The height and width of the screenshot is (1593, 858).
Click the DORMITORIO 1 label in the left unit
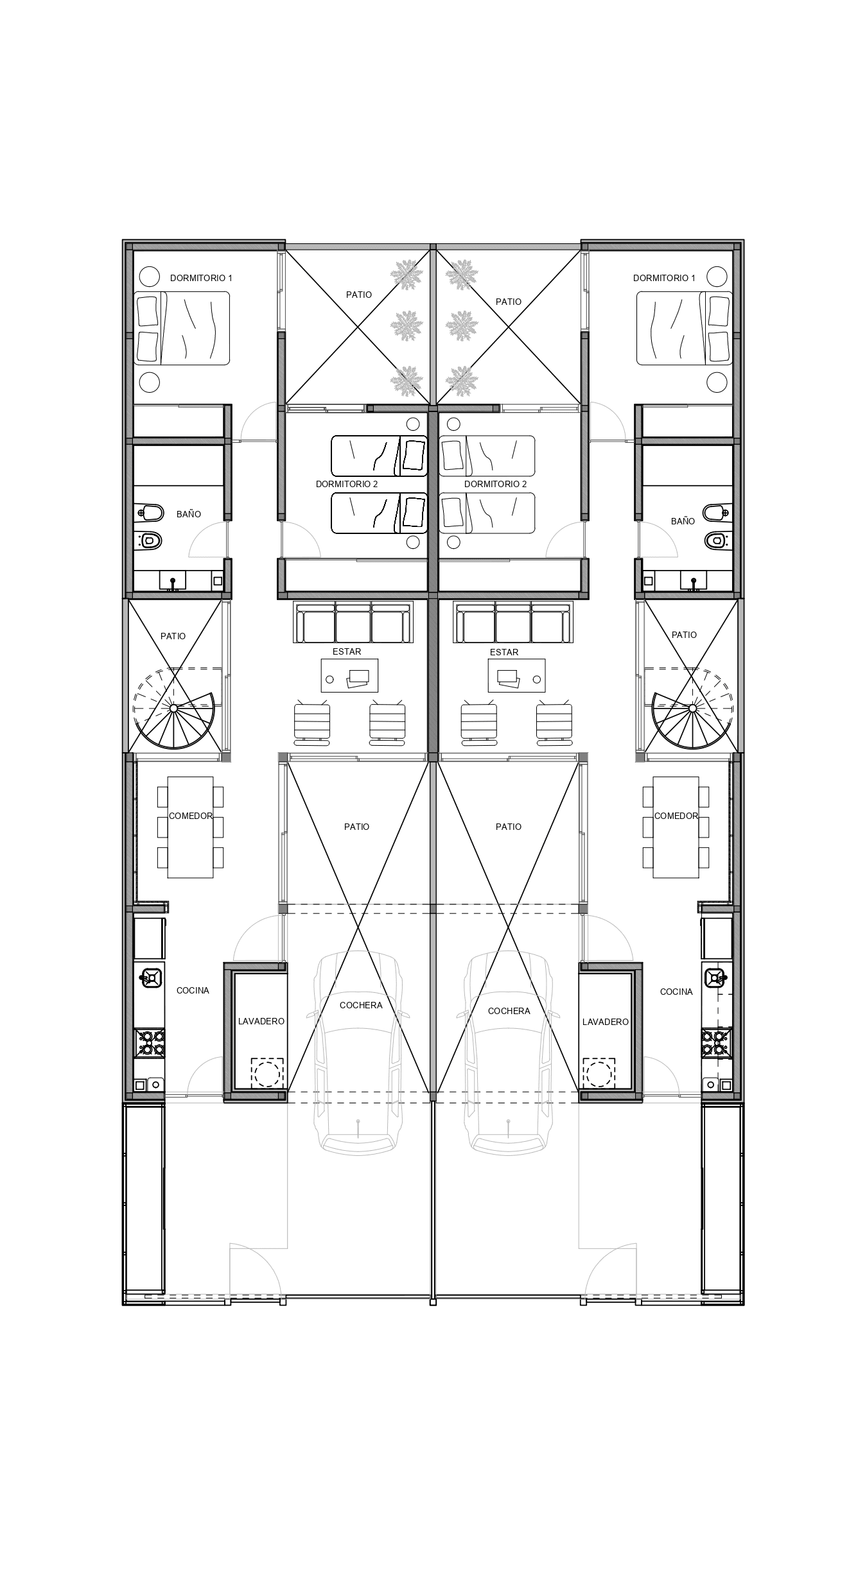201,278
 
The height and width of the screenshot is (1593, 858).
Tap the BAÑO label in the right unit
683,521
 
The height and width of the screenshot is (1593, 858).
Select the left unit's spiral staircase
173,709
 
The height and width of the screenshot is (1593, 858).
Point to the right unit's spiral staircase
692,709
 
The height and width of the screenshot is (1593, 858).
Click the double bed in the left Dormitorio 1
182,329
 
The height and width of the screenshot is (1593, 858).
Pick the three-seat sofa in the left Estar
353,622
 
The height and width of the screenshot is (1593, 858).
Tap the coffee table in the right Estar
516,675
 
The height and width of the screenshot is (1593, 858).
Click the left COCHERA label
361,1005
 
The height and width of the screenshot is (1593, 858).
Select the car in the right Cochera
509,1052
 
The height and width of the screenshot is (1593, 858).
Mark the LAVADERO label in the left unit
261,1021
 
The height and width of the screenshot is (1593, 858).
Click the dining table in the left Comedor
191,827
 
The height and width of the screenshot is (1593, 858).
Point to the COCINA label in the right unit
676,992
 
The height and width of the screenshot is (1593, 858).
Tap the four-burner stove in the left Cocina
149,1043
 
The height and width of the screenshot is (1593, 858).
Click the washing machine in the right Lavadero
599,1072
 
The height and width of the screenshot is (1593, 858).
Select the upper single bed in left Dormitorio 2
379,456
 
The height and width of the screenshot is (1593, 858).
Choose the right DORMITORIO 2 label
495,484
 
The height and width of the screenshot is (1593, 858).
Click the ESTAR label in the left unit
347,651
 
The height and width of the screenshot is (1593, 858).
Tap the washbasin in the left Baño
172,580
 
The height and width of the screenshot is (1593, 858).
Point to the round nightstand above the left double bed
150,277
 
